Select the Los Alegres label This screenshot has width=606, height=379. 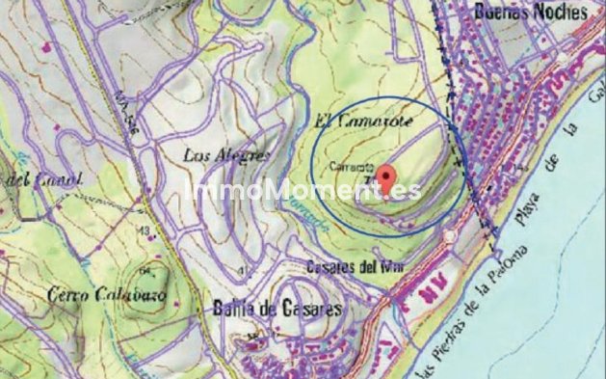pos(226,154)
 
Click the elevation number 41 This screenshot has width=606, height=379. pos(241,269)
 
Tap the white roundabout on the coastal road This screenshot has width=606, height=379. pos(450,236)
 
